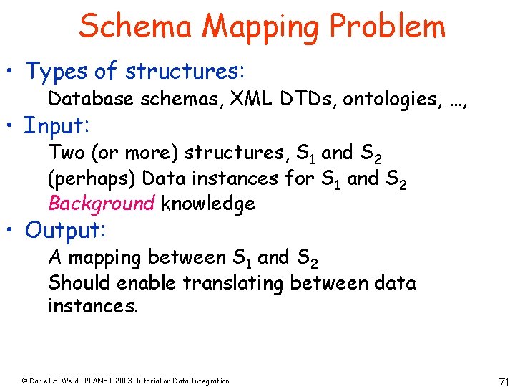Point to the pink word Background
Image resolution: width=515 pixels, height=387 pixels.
(x=101, y=204)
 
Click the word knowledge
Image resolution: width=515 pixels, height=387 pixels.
(x=207, y=204)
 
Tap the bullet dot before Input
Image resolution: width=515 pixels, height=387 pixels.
(x=12, y=126)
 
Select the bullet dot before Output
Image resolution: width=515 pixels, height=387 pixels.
(x=12, y=231)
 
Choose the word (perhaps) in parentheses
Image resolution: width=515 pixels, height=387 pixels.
(x=84, y=179)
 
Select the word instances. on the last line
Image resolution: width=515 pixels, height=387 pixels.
(x=92, y=306)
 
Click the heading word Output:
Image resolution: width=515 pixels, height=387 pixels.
(x=66, y=231)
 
